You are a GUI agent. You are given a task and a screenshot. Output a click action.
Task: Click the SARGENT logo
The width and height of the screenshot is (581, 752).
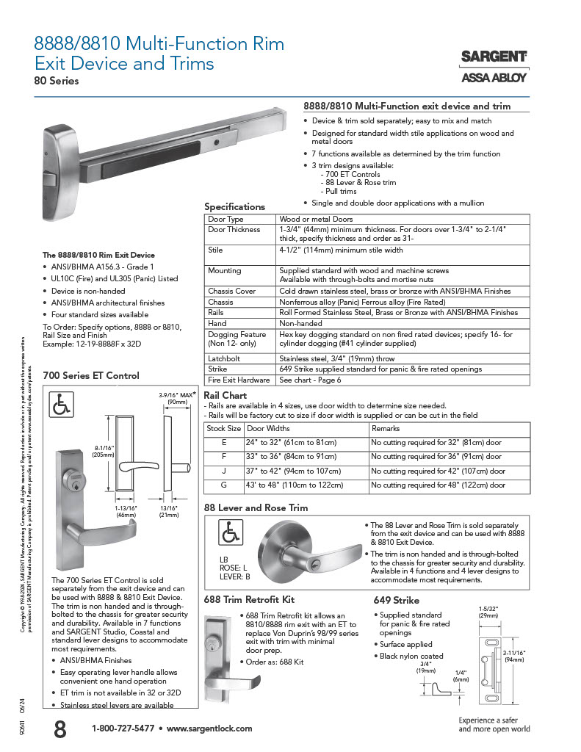click(494, 57)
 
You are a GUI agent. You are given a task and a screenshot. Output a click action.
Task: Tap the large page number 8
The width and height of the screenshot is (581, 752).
click(59, 729)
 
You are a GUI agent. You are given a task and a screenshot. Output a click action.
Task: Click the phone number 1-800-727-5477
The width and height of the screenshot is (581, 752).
click(123, 728)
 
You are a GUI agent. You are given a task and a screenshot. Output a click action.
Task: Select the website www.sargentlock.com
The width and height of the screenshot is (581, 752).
click(209, 728)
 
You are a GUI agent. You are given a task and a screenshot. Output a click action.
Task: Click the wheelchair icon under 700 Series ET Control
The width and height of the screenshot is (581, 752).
click(62, 405)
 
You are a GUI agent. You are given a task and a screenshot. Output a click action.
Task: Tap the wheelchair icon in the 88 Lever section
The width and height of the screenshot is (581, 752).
click(231, 529)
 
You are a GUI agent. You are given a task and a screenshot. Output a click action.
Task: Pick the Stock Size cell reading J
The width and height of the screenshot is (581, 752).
click(224, 471)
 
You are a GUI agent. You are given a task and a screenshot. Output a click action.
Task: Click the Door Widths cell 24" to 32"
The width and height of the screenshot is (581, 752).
click(292, 443)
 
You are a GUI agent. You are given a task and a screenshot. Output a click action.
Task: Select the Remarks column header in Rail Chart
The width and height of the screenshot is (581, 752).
click(386, 428)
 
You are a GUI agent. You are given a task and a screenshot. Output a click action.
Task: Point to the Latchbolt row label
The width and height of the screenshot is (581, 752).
click(223, 359)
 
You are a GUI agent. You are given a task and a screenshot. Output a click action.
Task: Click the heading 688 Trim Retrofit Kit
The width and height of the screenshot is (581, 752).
click(253, 600)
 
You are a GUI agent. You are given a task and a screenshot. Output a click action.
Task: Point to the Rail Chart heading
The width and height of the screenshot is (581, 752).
click(225, 396)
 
